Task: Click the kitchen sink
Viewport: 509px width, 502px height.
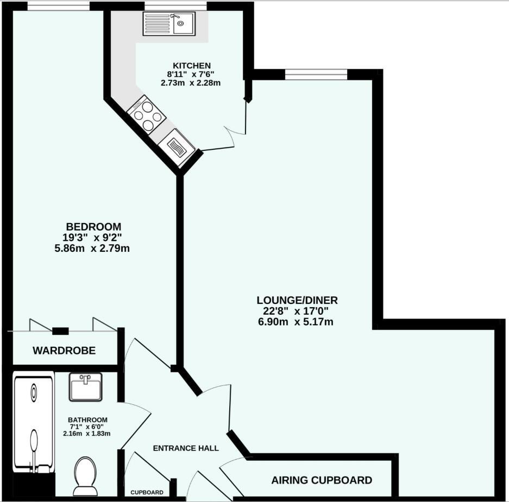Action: [169, 23]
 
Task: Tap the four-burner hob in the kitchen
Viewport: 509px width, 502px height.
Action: [146, 113]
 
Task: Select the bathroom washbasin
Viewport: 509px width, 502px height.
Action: [85, 386]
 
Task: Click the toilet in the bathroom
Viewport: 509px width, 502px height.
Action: [85, 475]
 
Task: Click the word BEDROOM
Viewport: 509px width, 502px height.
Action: [93, 226]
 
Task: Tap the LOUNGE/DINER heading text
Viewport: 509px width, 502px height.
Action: [297, 300]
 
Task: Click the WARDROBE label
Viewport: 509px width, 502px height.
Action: [64, 351]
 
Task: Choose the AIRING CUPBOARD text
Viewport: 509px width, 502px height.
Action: [322, 480]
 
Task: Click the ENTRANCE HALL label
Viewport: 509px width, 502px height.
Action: [186, 448]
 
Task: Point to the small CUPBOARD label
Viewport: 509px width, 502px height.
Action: [147, 493]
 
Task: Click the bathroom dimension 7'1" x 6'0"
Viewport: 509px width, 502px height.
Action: [88, 427]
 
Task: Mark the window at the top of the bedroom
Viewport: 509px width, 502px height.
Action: [58, 7]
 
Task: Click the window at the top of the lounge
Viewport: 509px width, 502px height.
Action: [316, 74]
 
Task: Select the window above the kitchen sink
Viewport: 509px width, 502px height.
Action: [175, 7]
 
